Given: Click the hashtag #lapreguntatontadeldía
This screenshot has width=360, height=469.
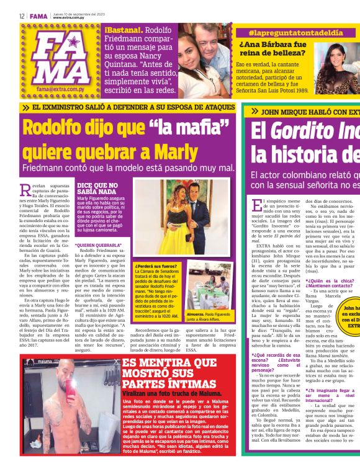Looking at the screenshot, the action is click(288, 32).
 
